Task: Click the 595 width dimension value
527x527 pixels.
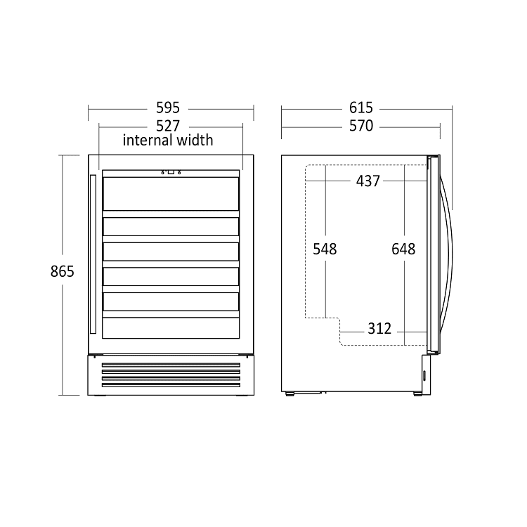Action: click(x=169, y=108)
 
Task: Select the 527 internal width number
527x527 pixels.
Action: click(x=169, y=126)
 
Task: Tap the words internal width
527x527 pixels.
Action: click(x=168, y=140)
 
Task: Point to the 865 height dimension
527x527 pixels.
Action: click(x=62, y=271)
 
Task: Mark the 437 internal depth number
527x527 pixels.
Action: click(x=367, y=181)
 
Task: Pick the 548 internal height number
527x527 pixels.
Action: click(x=325, y=249)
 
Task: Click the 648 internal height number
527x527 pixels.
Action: click(x=404, y=249)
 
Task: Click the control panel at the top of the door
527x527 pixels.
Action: click(x=171, y=171)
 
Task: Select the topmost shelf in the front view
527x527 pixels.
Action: click(x=171, y=193)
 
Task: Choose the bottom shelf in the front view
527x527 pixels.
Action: click(x=171, y=327)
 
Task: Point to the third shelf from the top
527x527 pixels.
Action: click(x=171, y=251)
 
